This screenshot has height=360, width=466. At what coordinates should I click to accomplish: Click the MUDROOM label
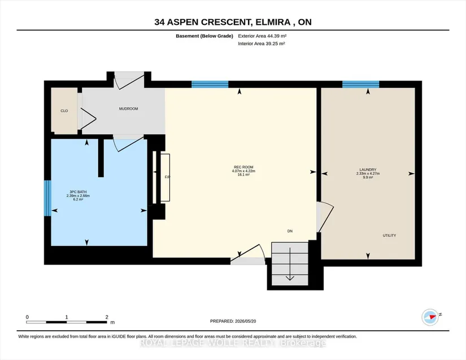(128, 109)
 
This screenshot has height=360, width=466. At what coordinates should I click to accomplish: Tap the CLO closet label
(64, 111)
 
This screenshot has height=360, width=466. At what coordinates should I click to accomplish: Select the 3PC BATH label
(78, 192)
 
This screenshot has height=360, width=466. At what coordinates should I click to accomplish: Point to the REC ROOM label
(243, 167)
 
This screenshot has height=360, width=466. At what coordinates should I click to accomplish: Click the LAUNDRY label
(368, 170)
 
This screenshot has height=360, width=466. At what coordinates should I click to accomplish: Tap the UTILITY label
(389, 235)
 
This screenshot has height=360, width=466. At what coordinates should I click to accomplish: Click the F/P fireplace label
(167, 177)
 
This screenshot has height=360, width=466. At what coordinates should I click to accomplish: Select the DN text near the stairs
(290, 231)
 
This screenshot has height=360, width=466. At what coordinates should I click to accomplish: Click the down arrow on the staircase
(290, 264)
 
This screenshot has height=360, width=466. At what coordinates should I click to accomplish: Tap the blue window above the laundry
(360, 84)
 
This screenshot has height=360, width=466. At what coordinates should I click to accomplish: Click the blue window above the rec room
(210, 84)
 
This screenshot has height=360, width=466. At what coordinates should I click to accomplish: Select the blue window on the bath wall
(47, 198)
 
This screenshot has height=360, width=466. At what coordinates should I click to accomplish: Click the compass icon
(430, 317)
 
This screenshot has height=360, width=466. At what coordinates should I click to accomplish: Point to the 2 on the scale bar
(107, 317)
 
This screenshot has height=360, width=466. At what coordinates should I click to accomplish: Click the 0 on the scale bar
(27, 317)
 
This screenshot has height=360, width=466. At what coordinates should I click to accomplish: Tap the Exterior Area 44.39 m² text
(262, 36)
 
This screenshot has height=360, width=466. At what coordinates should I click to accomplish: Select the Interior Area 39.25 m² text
(262, 43)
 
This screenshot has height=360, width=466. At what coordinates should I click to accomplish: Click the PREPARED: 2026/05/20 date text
(233, 321)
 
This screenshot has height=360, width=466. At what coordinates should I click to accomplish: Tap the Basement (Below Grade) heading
(204, 36)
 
